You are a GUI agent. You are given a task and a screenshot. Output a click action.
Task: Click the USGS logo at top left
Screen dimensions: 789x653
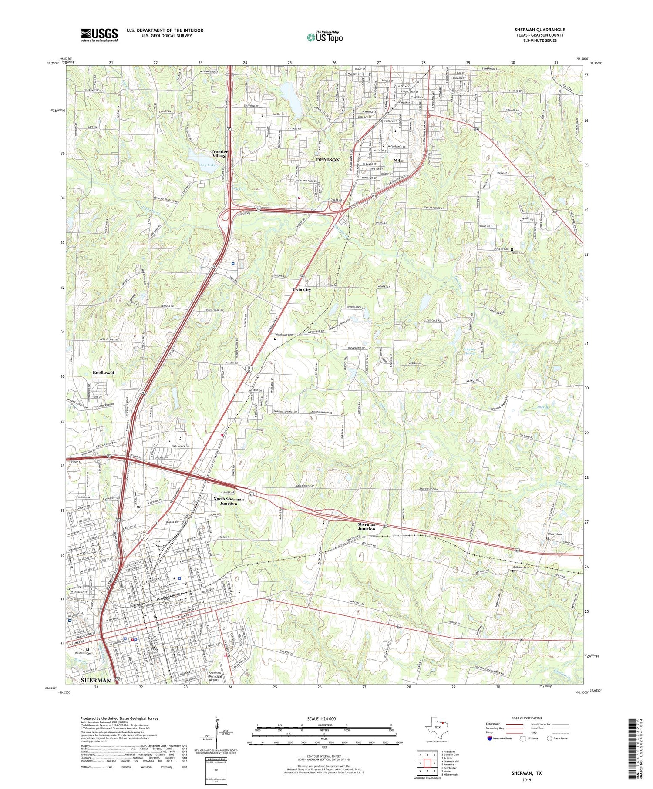click(x=99, y=35)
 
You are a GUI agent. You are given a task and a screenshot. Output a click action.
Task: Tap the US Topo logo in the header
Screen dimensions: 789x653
click(x=325, y=37)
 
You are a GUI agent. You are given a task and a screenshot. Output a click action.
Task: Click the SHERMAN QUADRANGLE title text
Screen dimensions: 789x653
click(x=539, y=30)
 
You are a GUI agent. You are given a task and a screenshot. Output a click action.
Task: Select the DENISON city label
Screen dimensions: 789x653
click(x=327, y=160)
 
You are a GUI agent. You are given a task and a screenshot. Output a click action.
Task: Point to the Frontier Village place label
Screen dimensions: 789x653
click(x=219, y=154)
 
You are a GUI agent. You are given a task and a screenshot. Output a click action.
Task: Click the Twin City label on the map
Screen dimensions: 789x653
click(x=301, y=289)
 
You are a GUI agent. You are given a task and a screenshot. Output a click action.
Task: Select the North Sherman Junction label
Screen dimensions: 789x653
click(x=229, y=501)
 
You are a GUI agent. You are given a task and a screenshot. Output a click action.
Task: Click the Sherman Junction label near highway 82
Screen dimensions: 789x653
click(x=366, y=527)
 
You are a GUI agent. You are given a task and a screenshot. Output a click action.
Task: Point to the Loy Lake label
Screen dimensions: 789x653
click(x=208, y=165)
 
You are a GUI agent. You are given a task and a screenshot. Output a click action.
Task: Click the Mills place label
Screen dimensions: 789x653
click(x=398, y=160)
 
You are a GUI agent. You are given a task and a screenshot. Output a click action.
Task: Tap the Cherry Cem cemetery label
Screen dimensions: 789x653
click(x=555, y=534)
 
